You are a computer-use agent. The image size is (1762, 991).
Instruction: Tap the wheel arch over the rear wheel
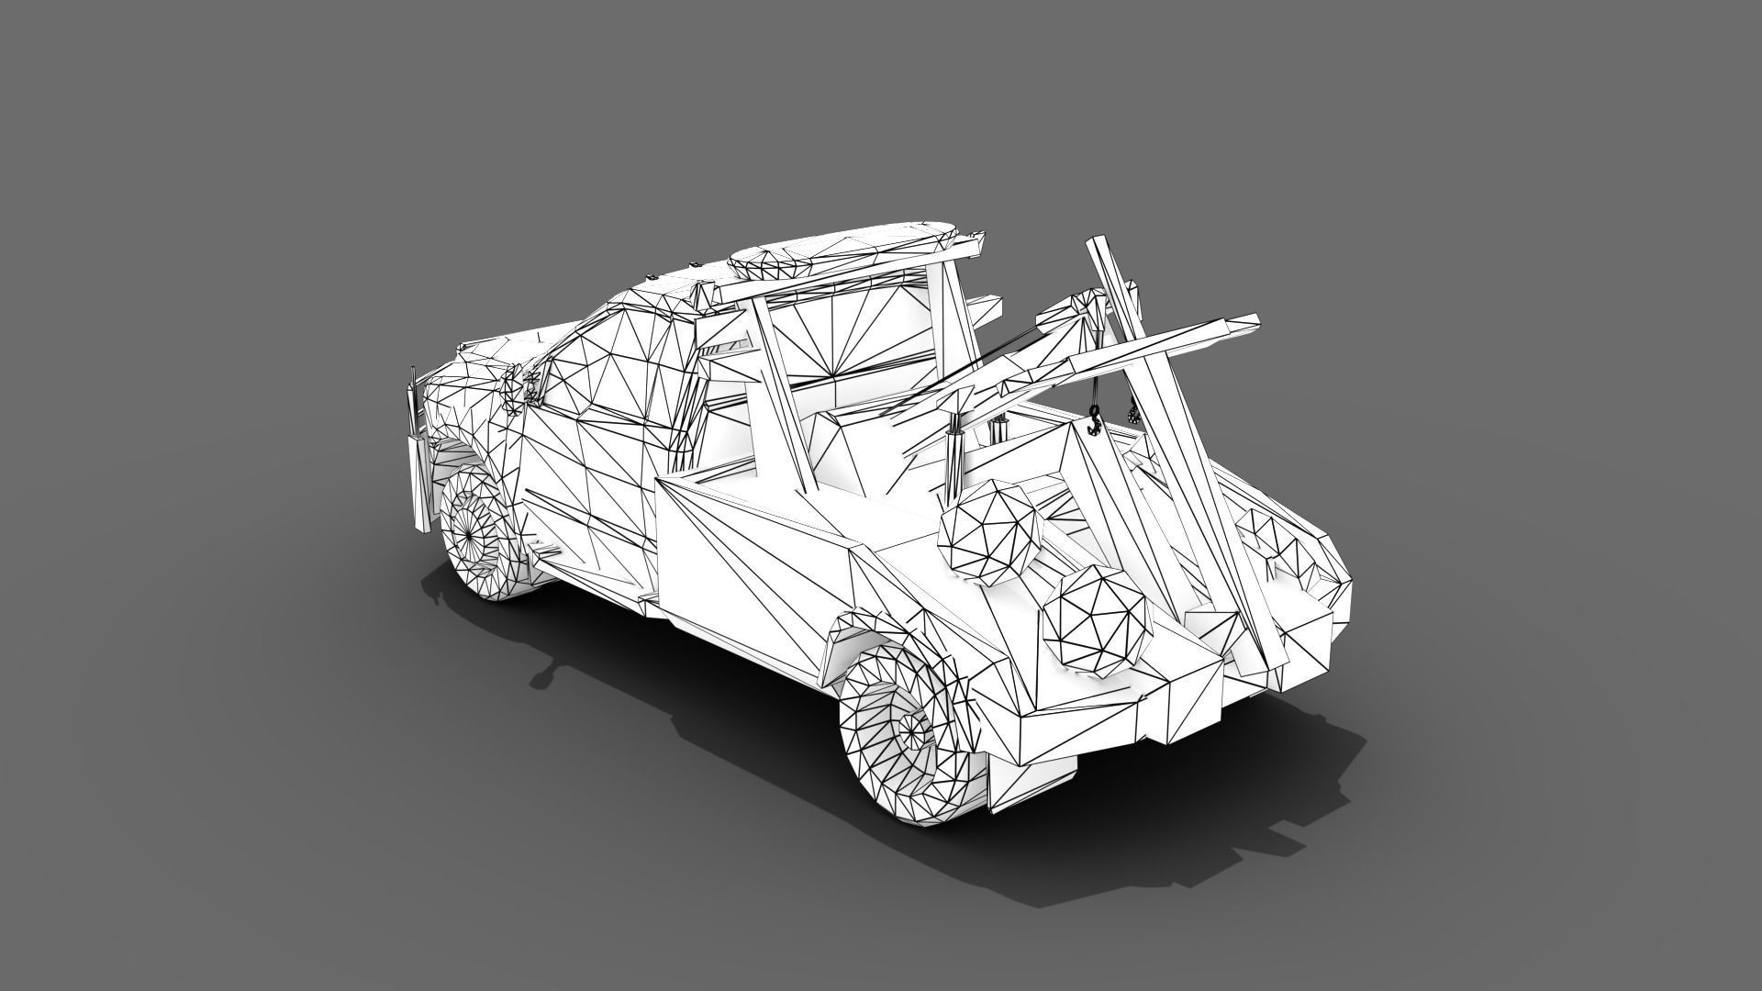pyautogui.click(x=872, y=633)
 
